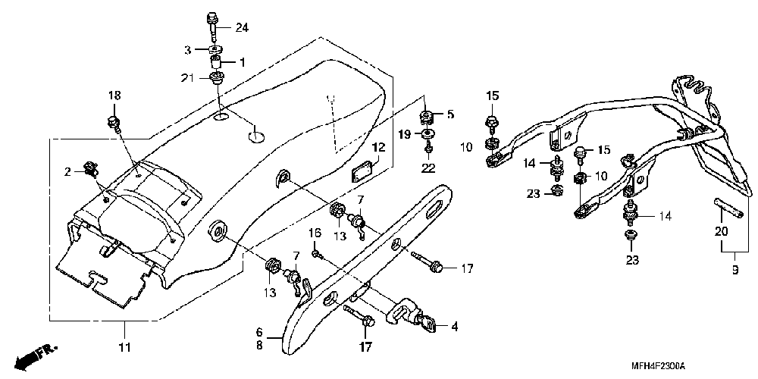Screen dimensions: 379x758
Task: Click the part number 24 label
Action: click(242, 28)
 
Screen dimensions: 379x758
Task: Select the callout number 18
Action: click(114, 96)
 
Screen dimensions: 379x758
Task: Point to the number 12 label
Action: click(377, 148)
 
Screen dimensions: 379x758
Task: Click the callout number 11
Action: click(124, 347)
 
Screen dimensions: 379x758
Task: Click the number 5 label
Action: click(449, 115)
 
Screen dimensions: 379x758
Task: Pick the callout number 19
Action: click(405, 134)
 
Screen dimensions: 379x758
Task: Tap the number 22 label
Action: click(428, 167)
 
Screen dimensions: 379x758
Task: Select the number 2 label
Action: click(67, 172)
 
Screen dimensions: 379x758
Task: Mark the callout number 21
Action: click(187, 78)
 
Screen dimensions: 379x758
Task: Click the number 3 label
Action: click(187, 49)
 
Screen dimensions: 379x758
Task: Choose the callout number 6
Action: click(258, 331)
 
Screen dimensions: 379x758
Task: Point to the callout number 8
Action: click(258, 345)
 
